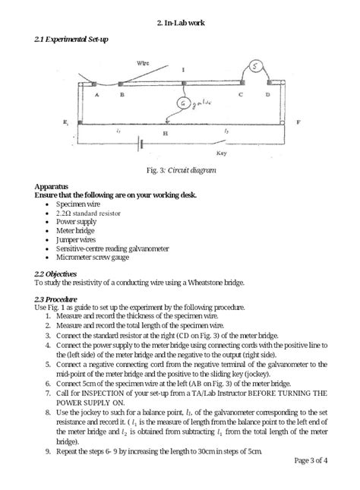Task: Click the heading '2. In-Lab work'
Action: [179, 23]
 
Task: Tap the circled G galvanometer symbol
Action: [182, 103]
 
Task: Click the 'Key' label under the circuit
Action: [223, 153]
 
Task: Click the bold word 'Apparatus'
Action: [52, 186]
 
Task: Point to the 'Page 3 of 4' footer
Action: [310, 460]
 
